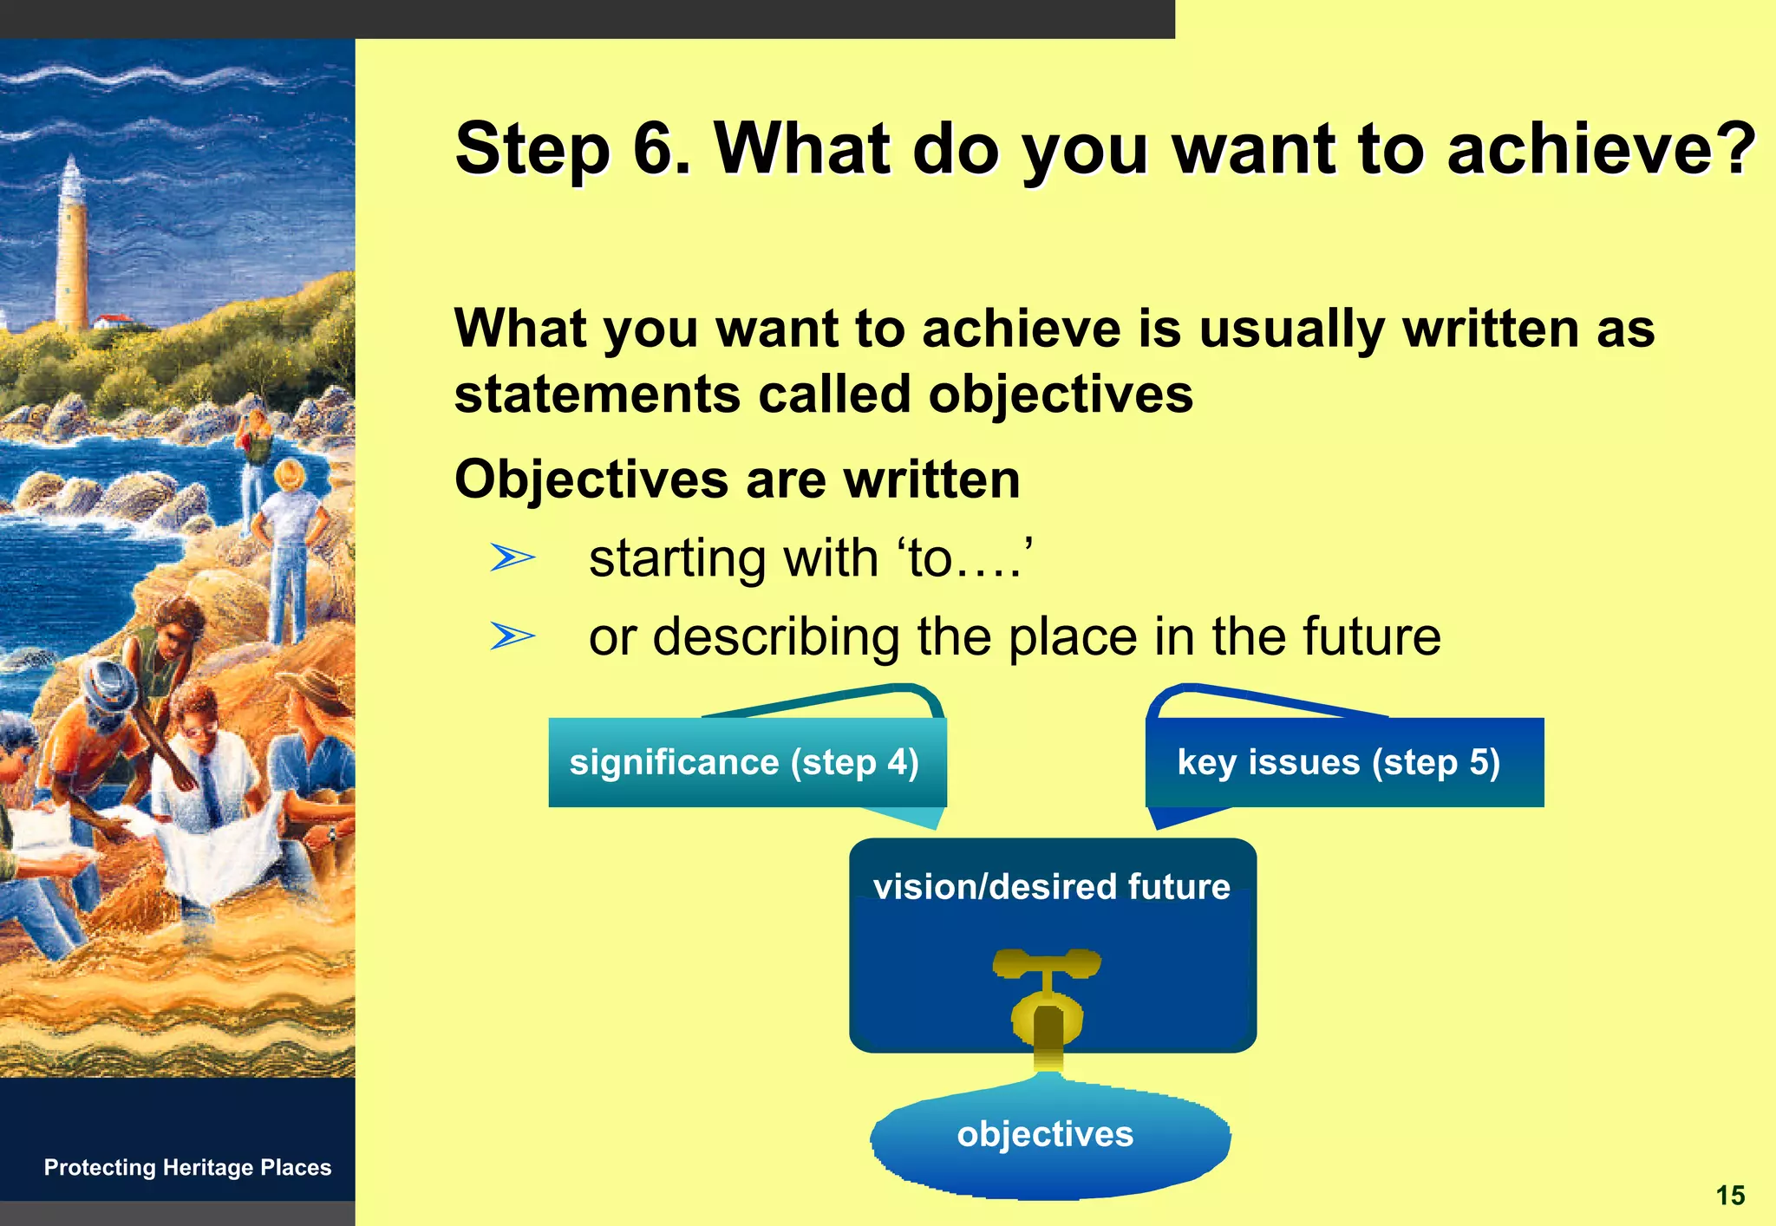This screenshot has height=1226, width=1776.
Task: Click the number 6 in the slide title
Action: coord(659,149)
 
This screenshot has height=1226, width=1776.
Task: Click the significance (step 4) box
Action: coord(746,763)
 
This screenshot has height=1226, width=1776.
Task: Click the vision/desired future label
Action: coord(1051,887)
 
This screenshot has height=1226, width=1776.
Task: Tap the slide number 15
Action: coord(1729,1196)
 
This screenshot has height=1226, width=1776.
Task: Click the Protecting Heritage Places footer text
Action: coord(187,1167)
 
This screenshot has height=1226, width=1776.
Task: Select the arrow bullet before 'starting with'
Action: coord(512,558)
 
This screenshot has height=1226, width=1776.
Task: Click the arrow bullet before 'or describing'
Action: coord(512,636)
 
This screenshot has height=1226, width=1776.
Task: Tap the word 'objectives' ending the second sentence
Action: coord(1060,395)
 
